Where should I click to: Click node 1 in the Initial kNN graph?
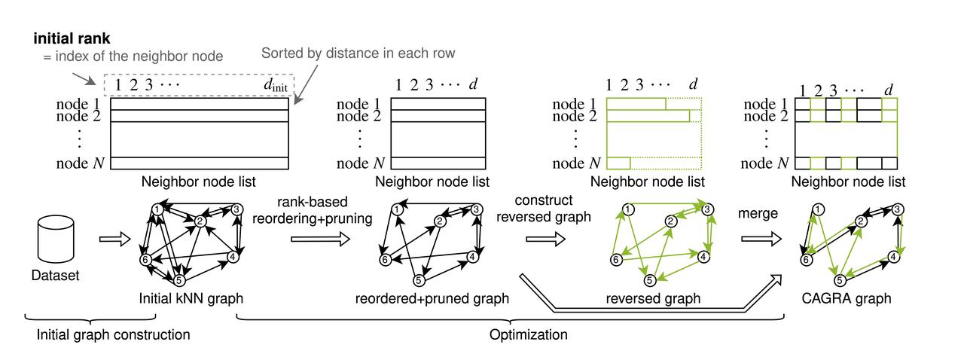[x=157, y=209]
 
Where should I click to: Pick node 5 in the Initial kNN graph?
[x=179, y=280]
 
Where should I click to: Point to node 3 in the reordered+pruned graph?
[x=477, y=209]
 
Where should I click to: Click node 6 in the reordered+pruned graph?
[x=385, y=260]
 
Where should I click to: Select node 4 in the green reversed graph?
[x=703, y=256]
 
